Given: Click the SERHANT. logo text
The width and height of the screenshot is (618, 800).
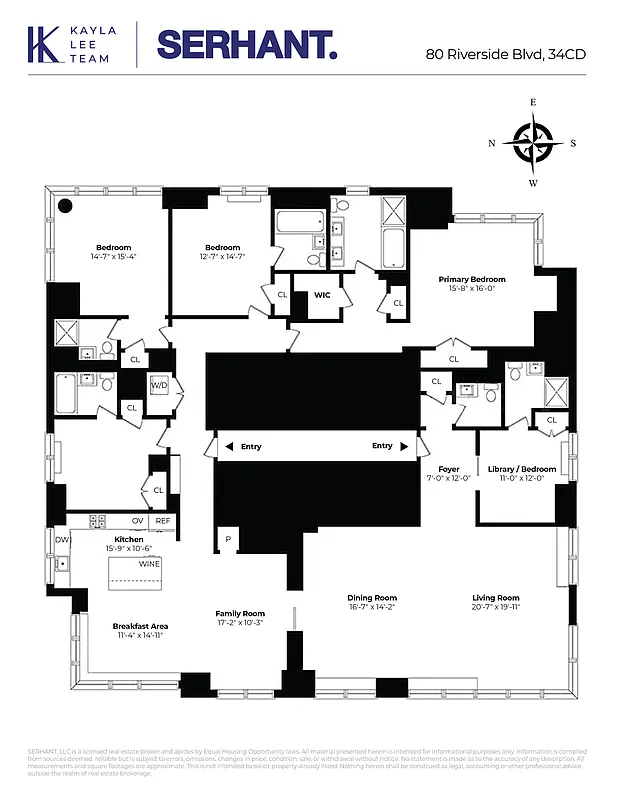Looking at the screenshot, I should point(247,45).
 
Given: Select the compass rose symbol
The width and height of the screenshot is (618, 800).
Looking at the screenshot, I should point(533,142).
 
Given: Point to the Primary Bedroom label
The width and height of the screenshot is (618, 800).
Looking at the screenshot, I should point(471,280).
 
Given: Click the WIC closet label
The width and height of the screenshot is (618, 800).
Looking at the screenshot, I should point(322,295).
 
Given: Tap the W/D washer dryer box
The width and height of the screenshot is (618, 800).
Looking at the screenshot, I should point(159,385).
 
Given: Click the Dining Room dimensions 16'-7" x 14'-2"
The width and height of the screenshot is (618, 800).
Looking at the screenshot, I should point(372,607).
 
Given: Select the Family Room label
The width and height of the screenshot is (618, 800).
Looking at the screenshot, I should point(240,614).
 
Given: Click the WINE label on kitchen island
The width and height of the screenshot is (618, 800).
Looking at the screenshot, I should point(149,564).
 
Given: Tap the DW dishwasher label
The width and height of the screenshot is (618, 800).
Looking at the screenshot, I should point(61,539).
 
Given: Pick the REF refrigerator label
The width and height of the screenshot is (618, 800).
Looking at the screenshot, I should point(162,521).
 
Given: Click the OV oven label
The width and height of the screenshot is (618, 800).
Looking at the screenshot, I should point(138,521).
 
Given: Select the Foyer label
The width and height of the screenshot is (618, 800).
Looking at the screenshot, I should point(448,469).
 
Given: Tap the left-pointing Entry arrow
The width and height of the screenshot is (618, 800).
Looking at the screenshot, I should point(229,446).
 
